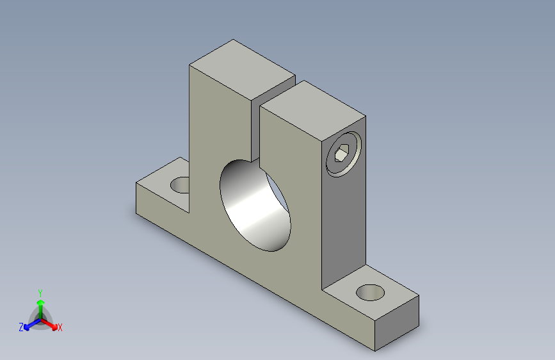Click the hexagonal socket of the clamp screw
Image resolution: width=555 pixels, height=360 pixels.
(342, 154)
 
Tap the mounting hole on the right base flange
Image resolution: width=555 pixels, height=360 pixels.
(370, 293)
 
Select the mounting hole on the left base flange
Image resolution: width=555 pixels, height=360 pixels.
(181, 185)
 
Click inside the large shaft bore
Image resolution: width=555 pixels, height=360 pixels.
(255, 206)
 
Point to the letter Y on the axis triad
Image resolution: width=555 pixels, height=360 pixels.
(40, 293)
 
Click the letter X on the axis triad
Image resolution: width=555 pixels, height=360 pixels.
(60, 327)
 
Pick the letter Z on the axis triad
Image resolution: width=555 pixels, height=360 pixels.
(21, 327)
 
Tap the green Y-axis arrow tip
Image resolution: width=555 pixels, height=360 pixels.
(41, 302)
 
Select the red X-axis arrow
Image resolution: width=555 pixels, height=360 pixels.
(49, 324)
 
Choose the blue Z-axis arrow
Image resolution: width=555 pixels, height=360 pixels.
(32, 325)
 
